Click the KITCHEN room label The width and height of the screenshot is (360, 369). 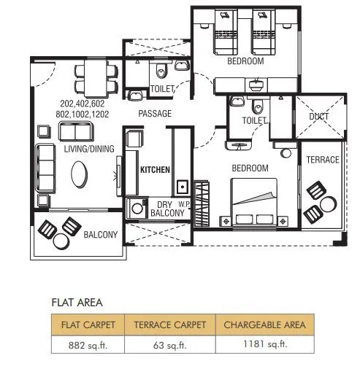pos(155,169)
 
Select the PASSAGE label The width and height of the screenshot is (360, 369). pos(155,114)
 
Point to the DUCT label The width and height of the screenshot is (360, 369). pos(319,117)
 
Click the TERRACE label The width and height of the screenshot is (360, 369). pos(322,160)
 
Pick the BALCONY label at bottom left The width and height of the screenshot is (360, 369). pos(100,235)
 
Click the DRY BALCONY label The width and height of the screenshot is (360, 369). pos(161,209)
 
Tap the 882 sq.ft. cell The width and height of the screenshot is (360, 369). pos(83,344)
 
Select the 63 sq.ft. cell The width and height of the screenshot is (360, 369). pos(170,344)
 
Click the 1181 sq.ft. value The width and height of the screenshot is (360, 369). pos(265,344)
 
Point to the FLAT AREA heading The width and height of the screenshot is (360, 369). pos(77,302)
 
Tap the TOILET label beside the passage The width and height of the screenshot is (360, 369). pos(162,89)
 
